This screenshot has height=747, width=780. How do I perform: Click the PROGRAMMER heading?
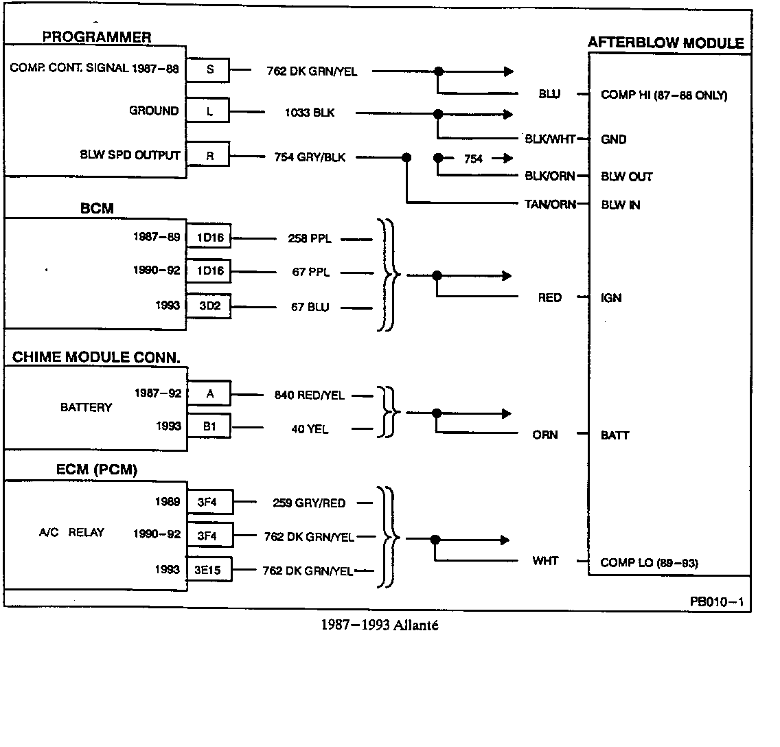tap(97, 37)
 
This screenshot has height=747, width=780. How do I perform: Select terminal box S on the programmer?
tap(209, 69)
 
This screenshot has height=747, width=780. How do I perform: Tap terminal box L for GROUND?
tap(209, 111)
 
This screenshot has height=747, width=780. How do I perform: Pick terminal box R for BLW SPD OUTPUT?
tap(209, 157)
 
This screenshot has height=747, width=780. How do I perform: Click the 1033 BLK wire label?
tap(310, 113)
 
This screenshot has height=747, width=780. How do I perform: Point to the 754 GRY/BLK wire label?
tap(311, 157)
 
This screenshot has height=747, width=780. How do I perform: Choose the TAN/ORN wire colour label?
tap(550, 204)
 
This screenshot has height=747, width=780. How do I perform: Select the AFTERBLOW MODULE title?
tap(665, 43)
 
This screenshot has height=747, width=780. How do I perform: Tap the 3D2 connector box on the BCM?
tap(209, 307)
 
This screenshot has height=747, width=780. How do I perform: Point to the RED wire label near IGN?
tap(549, 298)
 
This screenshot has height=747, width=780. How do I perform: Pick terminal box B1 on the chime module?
tap(209, 426)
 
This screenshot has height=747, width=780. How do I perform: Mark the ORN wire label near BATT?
tap(545, 435)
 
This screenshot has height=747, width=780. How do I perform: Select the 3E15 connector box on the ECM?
tap(209, 570)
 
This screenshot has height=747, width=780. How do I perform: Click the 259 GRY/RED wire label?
tap(309, 503)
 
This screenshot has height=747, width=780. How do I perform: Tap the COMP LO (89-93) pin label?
tap(649, 563)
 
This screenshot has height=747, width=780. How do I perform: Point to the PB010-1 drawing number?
tap(717, 602)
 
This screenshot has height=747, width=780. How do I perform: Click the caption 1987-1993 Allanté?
tap(379, 625)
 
